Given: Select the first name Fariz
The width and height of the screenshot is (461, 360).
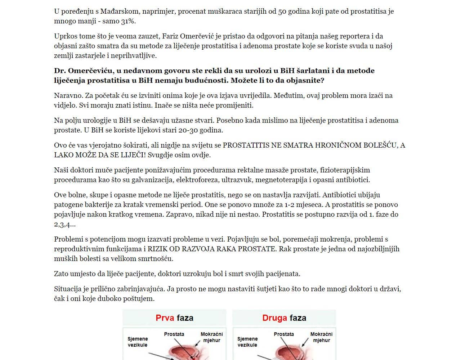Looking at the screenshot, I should click(x=170, y=36).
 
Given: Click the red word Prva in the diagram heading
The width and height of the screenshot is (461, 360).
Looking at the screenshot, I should click(x=165, y=318).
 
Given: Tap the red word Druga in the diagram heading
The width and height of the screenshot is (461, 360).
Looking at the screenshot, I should click(x=274, y=318).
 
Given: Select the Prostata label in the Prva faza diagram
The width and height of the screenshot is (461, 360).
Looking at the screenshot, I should click(x=174, y=334).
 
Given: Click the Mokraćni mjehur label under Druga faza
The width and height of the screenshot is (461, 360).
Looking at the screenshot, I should click(x=321, y=337).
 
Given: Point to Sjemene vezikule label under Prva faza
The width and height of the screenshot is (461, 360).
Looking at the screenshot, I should click(x=138, y=342).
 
